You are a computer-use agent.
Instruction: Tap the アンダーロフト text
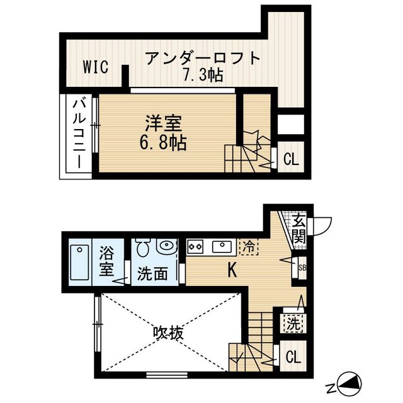click(202, 59)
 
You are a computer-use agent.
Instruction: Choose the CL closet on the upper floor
click(290, 159)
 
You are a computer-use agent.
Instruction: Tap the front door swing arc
click(322, 224)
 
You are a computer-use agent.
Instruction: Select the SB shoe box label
click(302, 268)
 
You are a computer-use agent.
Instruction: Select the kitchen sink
click(222, 245)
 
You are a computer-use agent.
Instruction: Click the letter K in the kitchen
click(232, 271)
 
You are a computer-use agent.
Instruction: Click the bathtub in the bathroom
click(79, 263)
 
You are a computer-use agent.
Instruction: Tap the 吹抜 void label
click(169, 332)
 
